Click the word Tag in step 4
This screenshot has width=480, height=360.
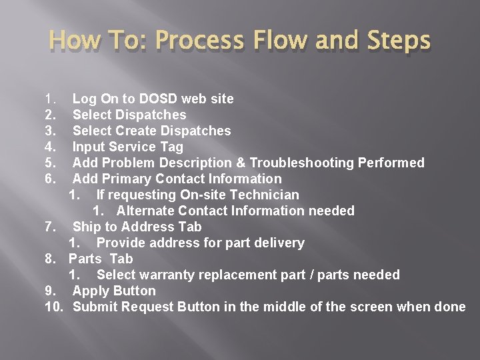[x=172, y=147]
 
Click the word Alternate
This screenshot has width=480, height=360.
[x=145, y=211]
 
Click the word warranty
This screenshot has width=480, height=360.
[x=165, y=275]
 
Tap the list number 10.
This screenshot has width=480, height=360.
[x=53, y=307]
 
